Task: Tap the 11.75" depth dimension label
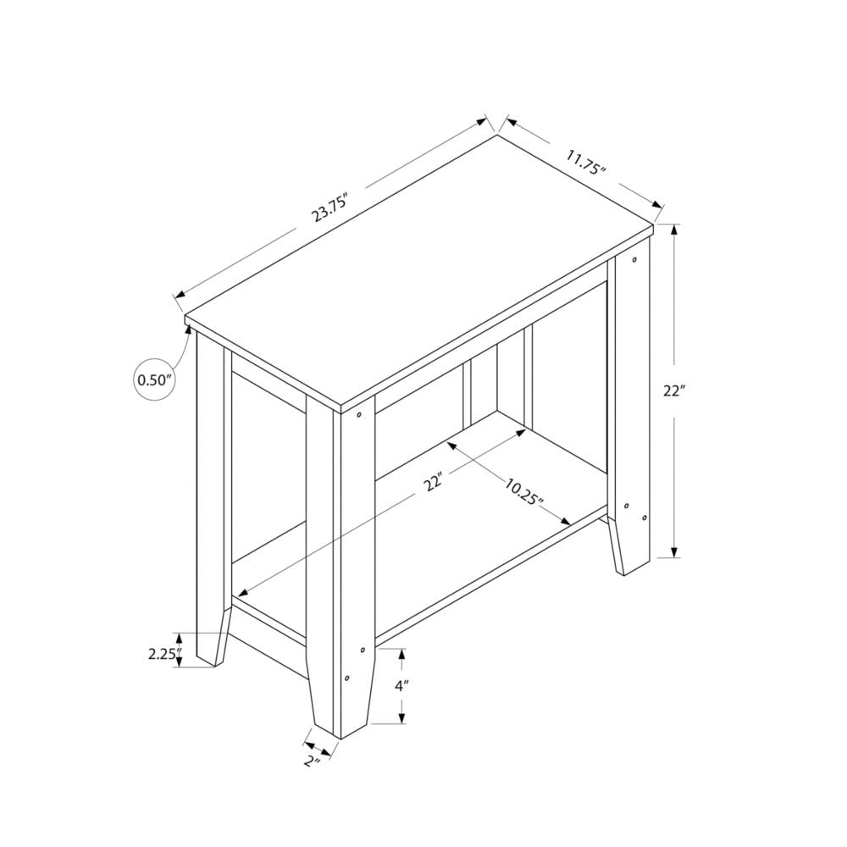coord(575,162)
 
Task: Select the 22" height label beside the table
coord(674,391)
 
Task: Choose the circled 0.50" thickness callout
coord(157,380)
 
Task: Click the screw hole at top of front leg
coord(360,415)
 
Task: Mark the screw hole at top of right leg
coord(635,258)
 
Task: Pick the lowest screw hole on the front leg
coord(346,678)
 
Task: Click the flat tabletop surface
coord(419,271)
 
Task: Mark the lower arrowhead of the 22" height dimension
coord(675,551)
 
